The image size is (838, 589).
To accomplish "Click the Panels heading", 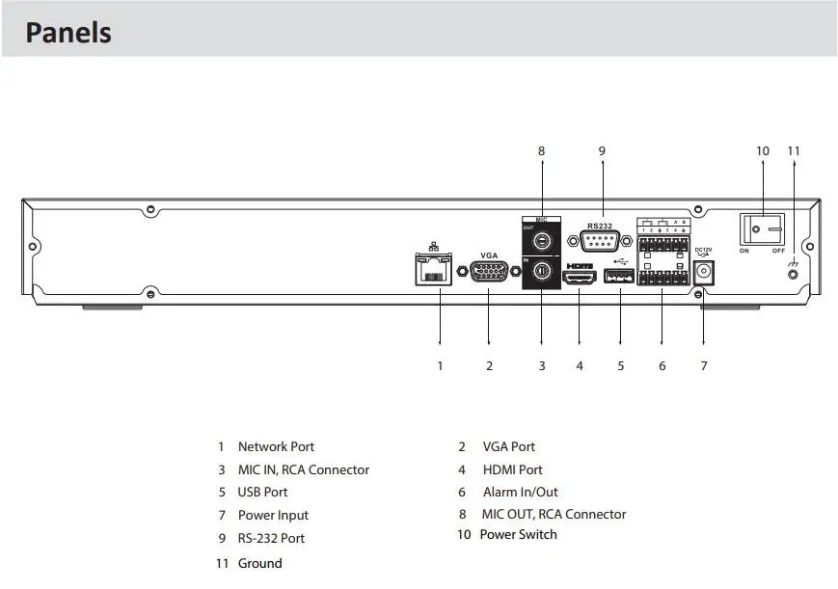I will [x=68, y=32].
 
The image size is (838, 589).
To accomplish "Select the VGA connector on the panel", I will [x=489, y=274].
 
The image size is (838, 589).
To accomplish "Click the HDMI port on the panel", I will [x=580, y=278].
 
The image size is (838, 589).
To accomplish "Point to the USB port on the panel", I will [x=619, y=278].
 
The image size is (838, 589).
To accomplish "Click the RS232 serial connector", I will [x=600, y=241].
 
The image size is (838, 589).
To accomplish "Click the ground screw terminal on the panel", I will [x=794, y=275].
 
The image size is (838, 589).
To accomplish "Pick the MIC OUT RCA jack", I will [x=541, y=241].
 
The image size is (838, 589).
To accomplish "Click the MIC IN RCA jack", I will [x=541, y=272].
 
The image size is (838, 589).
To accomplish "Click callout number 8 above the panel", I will [x=541, y=151].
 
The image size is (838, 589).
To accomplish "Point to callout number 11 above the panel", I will [x=794, y=151].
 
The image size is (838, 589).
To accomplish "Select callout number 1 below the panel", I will [x=440, y=365].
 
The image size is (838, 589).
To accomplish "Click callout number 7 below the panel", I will [x=704, y=365].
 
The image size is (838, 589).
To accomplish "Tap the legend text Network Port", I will [x=276, y=447].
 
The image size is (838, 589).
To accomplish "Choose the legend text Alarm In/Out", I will [x=520, y=493].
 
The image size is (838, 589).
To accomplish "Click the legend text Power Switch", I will [x=518, y=535].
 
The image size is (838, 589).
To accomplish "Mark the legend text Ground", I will [x=259, y=563].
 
